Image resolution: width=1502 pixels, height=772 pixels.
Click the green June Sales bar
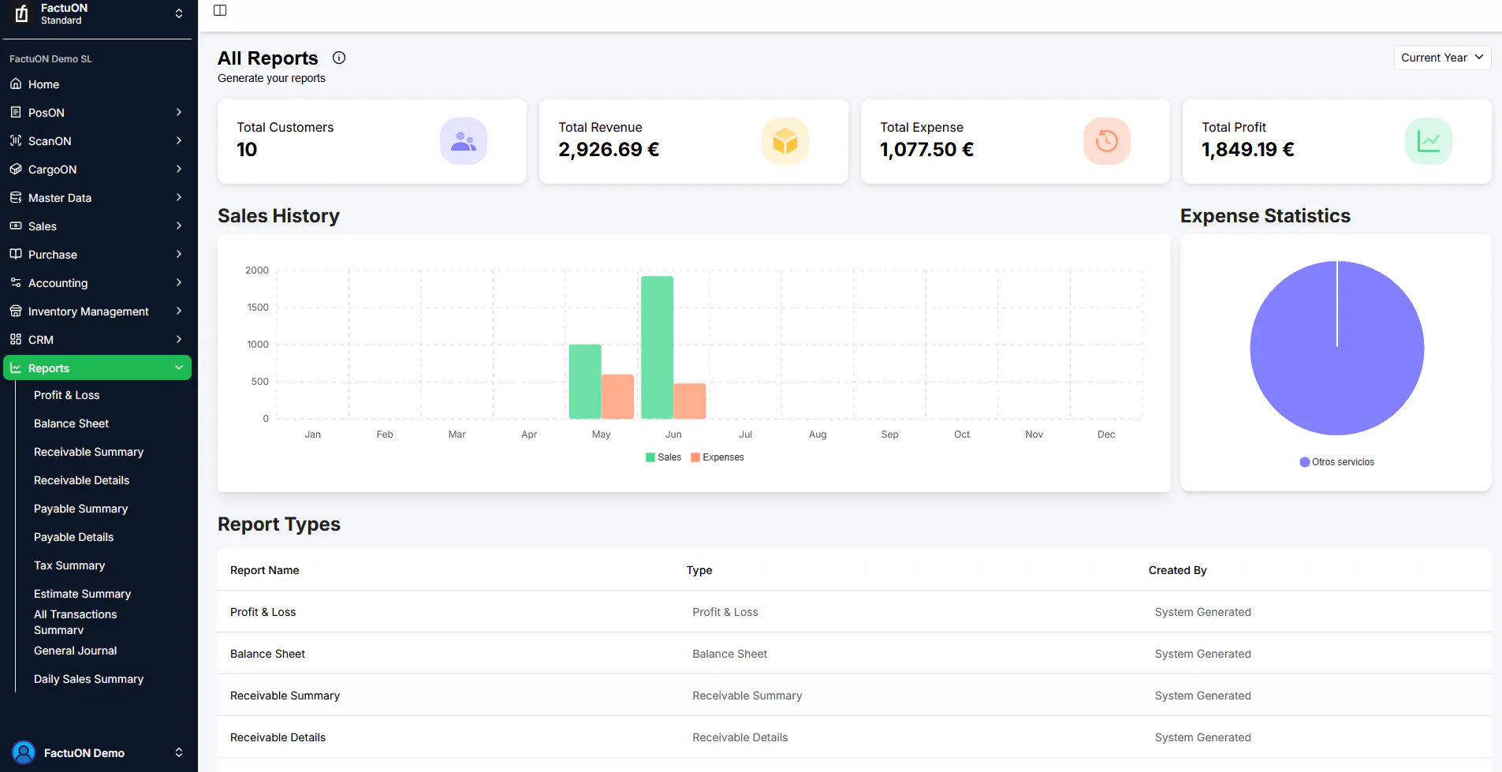pos(657,347)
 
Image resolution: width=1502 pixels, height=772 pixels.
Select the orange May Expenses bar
pos(617,397)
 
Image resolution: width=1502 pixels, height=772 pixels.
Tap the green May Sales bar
pos(585,382)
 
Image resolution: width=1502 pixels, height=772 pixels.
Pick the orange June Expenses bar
pos(690,401)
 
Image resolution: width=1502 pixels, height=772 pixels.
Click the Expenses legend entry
pos(717,457)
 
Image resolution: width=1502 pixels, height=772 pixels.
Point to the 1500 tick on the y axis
pos(258,308)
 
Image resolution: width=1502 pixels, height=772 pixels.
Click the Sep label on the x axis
pos(890,434)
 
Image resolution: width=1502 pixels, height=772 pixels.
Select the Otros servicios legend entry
pos(1337,462)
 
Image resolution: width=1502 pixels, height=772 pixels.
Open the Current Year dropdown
pos(1442,58)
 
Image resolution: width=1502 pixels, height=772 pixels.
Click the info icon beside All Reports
pos(339,58)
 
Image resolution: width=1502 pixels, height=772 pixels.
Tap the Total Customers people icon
pos(464,141)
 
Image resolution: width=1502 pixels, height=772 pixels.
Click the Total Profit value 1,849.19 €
pos(1247,150)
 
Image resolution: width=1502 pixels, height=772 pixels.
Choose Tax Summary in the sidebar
pos(69,565)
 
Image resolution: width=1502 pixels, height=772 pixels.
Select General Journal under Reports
pos(76,651)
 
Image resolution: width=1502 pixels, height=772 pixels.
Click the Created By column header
pos(1177,570)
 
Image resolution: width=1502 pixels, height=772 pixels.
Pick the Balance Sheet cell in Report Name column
pos(267,654)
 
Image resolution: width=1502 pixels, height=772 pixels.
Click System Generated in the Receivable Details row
pos(1202,737)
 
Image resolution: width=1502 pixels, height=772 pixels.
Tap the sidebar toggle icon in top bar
pos(220,10)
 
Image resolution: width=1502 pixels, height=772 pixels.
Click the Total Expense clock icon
pos(1107,141)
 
